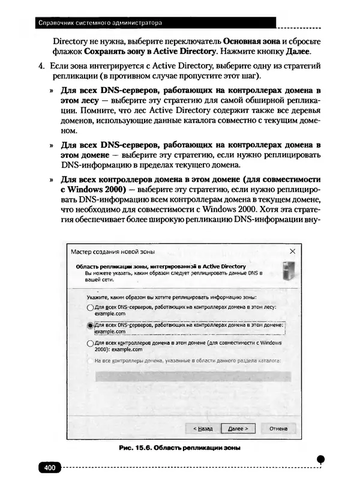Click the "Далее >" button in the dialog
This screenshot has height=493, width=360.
pos(238,429)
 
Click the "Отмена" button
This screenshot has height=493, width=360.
pos(278,429)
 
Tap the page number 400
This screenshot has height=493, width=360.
pos(49,468)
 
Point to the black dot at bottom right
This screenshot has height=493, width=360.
pos(320,459)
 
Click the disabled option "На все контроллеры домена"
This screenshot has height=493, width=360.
pos(186,361)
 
